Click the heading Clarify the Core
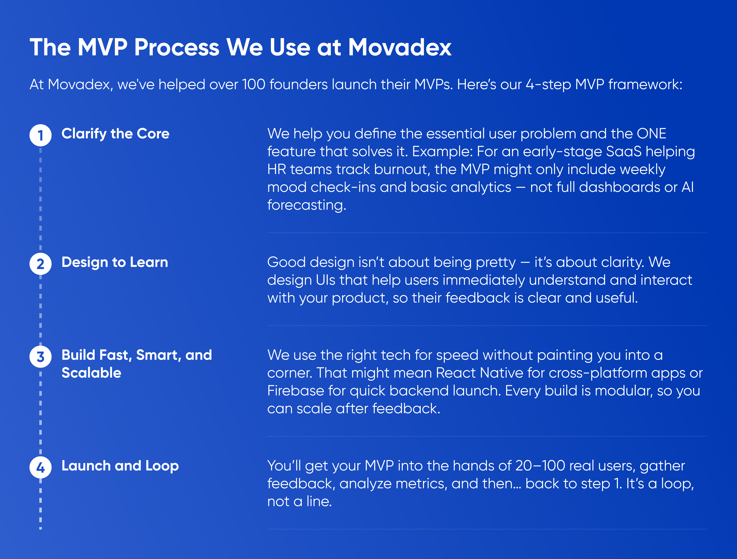pos(115,134)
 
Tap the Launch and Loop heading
pos(120,466)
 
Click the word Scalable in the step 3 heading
pos(91,373)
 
